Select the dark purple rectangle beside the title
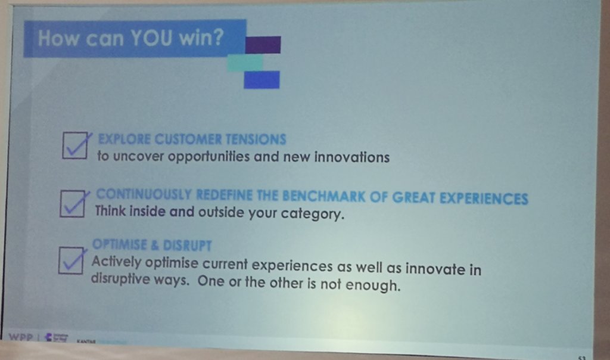click(263, 45)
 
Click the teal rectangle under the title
click(245, 62)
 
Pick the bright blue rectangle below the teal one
click(262, 79)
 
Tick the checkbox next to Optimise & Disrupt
click(71, 260)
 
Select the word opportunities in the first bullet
click(207, 157)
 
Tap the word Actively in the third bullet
click(114, 262)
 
